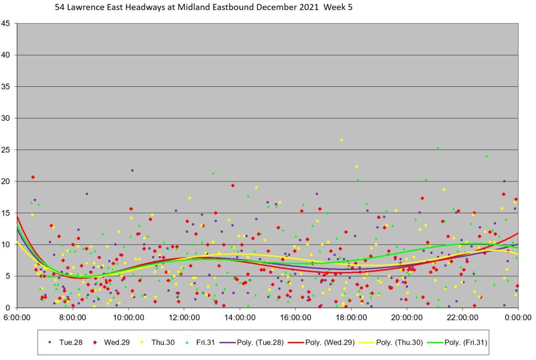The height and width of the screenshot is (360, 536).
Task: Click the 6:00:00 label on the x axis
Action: tap(17, 317)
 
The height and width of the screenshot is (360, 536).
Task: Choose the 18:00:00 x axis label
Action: tap(351, 317)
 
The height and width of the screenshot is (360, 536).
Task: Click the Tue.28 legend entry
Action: tap(65, 342)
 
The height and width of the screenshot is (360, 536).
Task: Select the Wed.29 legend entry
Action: tap(110, 342)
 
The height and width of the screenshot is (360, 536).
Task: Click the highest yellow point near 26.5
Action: tap(341, 140)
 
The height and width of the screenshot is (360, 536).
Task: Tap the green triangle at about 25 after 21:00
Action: tap(438, 148)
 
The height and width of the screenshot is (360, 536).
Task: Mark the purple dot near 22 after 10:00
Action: tap(132, 170)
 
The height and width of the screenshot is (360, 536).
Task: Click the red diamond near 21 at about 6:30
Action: tap(32, 177)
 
